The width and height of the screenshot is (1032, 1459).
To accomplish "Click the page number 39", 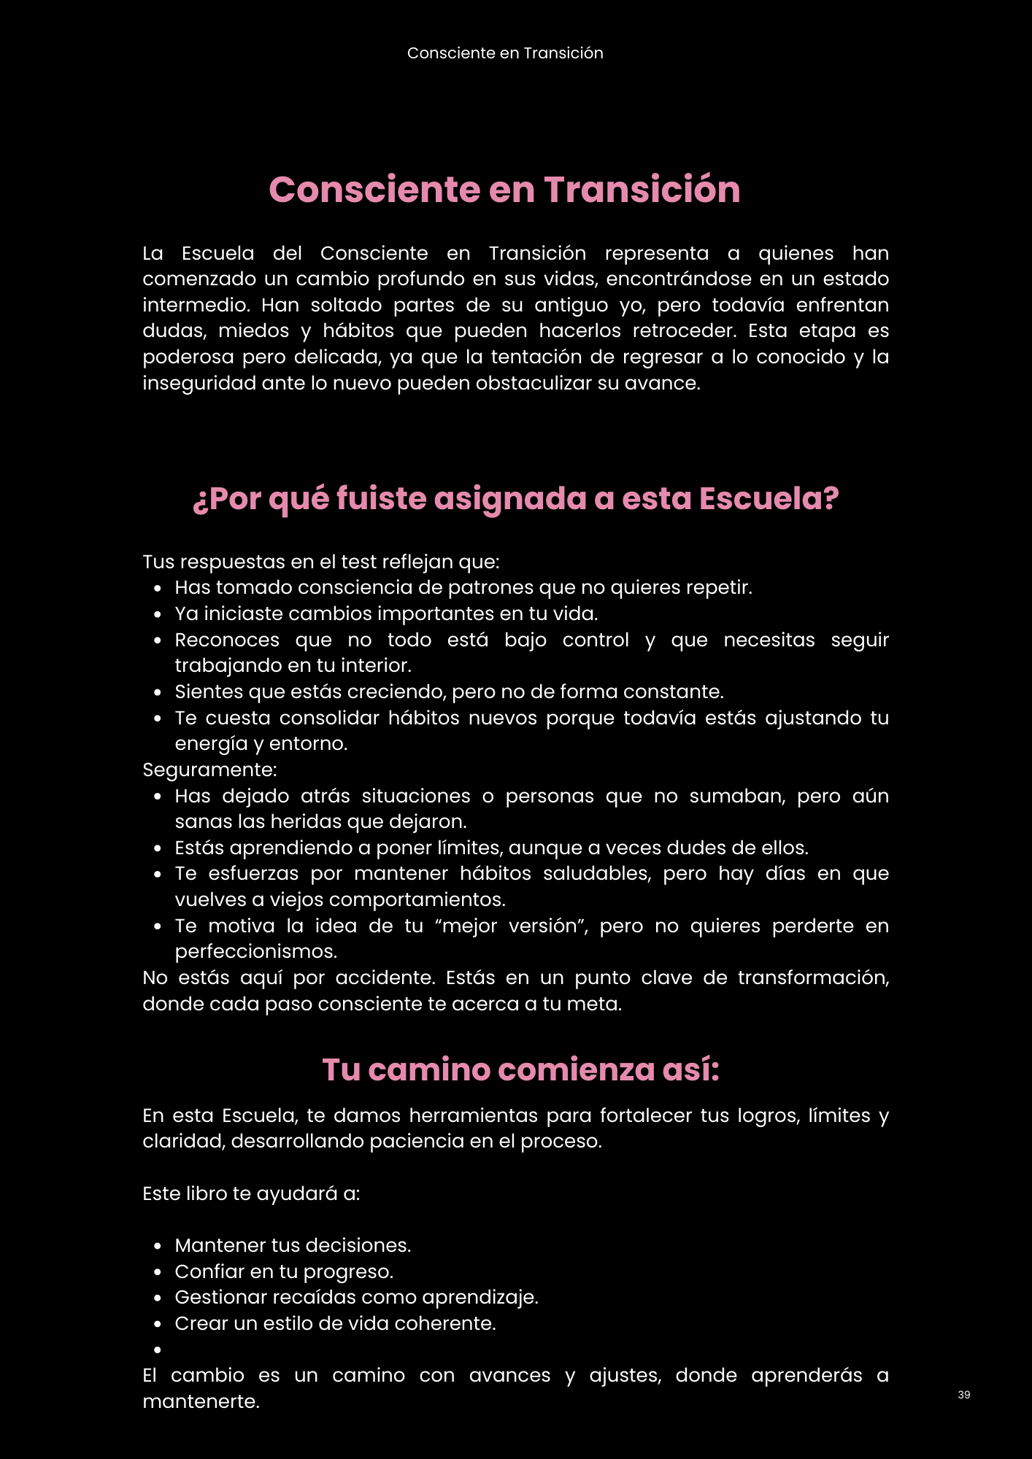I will point(963,1395).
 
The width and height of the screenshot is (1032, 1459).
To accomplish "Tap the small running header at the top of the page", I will point(505,53).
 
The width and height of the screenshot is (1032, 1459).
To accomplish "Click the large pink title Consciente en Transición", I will point(504,190).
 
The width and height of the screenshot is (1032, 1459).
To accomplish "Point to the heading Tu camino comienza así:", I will point(520,1070).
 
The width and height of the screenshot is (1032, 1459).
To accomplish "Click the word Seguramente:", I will point(209,770).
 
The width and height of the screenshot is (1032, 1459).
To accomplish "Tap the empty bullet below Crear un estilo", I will point(158,1350).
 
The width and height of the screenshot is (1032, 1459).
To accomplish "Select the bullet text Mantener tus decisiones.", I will point(293,1245).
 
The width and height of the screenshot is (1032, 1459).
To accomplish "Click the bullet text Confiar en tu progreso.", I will point(284,1272).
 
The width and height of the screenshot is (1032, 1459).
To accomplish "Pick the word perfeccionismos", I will point(255,952).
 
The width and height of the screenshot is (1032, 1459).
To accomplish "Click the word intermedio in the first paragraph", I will point(195,305).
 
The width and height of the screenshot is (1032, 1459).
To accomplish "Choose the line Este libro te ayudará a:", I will point(251,1193).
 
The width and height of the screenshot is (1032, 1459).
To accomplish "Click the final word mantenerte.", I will point(201,1401).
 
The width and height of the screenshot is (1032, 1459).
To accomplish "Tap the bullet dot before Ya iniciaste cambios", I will point(158,614).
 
